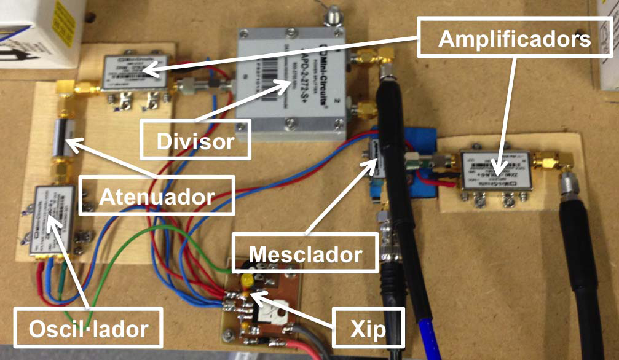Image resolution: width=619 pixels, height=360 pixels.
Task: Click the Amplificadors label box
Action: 514,40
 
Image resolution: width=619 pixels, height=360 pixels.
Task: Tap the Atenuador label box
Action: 157,196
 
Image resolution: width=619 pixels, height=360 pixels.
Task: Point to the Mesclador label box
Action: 306,252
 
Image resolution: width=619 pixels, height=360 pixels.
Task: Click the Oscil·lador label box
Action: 89,328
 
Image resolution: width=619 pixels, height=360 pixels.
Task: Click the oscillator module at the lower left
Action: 54,221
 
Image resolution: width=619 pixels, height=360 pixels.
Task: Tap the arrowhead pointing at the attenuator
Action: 69,143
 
